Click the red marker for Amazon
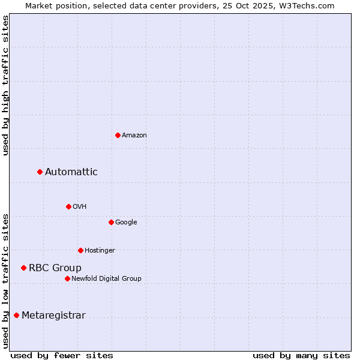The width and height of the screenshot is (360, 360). tap(118, 135)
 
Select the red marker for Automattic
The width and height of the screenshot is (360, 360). tap(40, 172)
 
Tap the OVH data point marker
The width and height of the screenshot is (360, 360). tap(68, 206)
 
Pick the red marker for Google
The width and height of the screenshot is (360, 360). tap(111, 222)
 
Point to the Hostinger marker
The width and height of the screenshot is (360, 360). tap(80, 250)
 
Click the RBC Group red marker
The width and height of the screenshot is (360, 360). tap(23, 268)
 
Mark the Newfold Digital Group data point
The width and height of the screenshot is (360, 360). tap(67, 278)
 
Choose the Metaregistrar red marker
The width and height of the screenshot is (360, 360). tap(16, 315)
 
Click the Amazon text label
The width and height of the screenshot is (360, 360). tap(134, 136)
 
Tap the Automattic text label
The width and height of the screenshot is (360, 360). tap(71, 172)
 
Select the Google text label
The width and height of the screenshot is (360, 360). tap(126, 223)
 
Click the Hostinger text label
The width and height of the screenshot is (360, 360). tap(100, 251)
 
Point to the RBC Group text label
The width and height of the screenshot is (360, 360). tap(55, 268)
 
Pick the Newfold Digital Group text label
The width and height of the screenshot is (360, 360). tap(106, 279)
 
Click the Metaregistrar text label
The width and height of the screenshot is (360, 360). tap(53, 316)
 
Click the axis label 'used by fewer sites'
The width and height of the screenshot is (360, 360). tap(62, 355)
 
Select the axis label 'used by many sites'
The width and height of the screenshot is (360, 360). tap(301, 355)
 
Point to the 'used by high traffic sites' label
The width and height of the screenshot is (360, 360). tap(5, 85)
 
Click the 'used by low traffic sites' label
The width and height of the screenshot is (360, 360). tap(5, 281)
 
